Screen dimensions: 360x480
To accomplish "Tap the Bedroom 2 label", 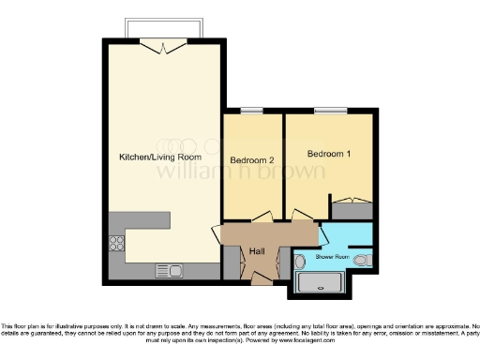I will (251, 158).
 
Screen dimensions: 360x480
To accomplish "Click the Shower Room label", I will (331, 256).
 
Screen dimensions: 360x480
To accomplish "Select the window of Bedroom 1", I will (328, 112).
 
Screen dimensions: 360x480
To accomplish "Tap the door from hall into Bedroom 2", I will (269, 216).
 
